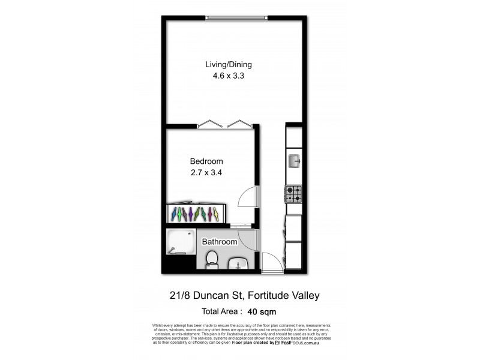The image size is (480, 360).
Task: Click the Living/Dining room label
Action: coord(229,65)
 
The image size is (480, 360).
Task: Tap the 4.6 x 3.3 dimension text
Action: coord(229,76)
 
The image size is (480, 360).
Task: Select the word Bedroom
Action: coord(206,161)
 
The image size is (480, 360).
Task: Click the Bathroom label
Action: coord(219,242)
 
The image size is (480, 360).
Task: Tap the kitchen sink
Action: coord(295,160)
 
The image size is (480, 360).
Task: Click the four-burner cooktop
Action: coord(293,194)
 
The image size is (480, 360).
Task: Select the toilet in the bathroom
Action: coord(211,259)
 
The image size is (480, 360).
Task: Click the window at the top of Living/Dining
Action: coord(236,17)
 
